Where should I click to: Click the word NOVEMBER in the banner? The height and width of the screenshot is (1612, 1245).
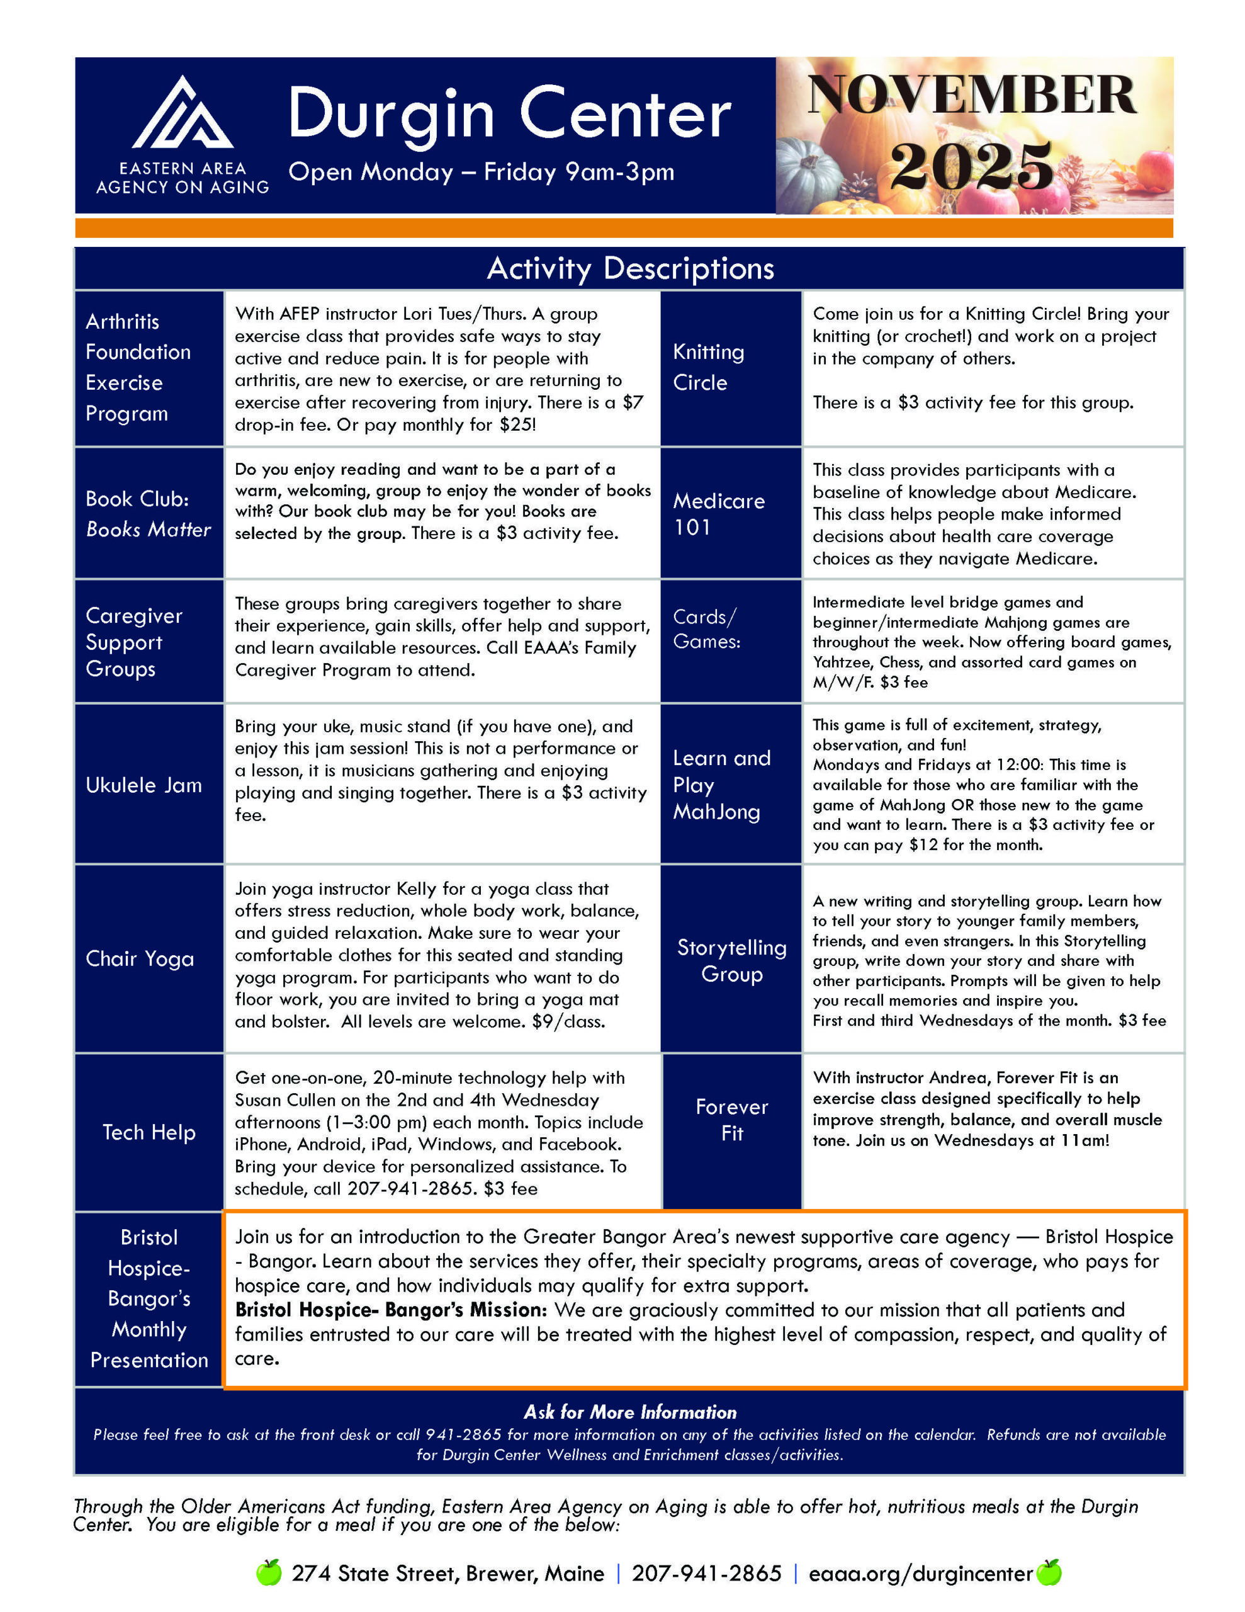(x=971, y=95)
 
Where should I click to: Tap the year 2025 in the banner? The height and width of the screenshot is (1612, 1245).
(x=971, y=166)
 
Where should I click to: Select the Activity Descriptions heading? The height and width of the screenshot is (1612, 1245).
(x=629, y=269)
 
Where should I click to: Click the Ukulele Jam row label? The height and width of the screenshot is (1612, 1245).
(x=144, y=785)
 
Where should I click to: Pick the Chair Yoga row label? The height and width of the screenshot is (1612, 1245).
(x=140, y=959)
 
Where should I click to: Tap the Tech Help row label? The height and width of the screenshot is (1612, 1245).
(x=149, y=1132)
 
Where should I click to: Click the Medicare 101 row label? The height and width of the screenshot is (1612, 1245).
(x=718, y=514)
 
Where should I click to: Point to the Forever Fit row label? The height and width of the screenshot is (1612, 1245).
(x=731, y=1120)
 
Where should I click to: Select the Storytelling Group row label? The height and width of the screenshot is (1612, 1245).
(x=731, y=960)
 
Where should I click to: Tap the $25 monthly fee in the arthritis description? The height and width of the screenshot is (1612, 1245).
(x=516, y=424)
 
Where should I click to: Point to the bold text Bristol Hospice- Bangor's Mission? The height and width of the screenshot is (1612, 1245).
(x=390, y=1310)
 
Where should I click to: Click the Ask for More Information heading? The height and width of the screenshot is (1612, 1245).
(x=629, y=1412)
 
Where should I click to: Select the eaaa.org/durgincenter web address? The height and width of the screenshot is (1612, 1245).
(x=920, y=1574)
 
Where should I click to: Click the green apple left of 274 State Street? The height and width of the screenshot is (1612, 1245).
(x=269, y=1573)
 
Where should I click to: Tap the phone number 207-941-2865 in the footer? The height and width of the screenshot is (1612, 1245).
(x=706, y=1574)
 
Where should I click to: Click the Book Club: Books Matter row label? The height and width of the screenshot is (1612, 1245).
(x=147, y=514)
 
